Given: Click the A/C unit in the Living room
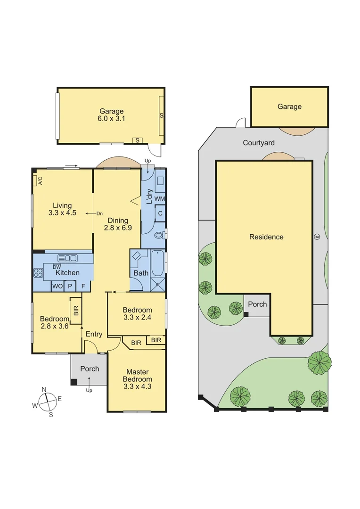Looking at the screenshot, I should coord(36,181).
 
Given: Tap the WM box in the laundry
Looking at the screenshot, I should coord(160,199).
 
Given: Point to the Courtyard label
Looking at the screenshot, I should coord(259,143).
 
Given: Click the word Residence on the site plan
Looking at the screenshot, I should coord(266,237).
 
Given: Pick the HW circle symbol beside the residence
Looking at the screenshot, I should coord(316,237).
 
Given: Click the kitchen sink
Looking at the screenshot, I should coord(67,258).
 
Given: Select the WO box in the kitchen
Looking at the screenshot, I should coord(57,286).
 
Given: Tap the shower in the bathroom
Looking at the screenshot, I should coord(158,283).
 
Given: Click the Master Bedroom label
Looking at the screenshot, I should coord(137,379).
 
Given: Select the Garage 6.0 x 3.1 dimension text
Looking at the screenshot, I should coord(111,115).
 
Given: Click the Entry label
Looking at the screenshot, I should coord(94,334).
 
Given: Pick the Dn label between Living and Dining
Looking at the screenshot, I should coord(99,213).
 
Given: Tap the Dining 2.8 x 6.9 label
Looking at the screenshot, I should coord(117,224).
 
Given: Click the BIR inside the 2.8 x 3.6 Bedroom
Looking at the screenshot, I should coord(76,311).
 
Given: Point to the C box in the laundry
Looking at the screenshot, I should coord(160,213).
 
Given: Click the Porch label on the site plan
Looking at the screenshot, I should coord(257,304).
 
